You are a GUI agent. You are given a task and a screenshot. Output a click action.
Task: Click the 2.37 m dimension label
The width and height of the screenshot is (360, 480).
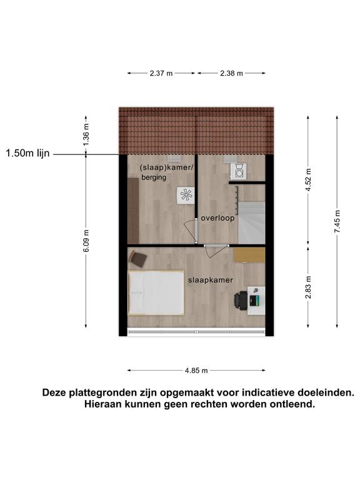[161, 73]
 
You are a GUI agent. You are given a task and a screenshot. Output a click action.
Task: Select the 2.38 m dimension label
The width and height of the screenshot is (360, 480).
[231, 73]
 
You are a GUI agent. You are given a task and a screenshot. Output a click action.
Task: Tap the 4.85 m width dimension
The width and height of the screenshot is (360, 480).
[196, 371]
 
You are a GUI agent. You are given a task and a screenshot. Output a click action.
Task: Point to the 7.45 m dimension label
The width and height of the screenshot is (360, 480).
[337, 221]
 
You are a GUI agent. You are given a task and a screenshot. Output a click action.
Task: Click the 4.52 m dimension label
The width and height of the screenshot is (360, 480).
[308, 180]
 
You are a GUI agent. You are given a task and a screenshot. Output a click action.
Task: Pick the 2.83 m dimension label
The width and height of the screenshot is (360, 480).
[308, 287]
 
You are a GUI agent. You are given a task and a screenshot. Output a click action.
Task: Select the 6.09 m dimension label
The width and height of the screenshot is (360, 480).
[86, 241]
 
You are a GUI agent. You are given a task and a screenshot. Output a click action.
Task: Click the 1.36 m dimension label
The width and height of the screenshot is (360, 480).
[86, 134]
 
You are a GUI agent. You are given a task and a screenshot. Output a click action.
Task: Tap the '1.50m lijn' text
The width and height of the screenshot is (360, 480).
[27, 153]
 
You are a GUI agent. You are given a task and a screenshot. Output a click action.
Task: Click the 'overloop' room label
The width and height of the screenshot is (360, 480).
[217, 218]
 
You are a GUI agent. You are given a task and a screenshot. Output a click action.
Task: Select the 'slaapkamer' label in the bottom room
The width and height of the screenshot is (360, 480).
[210, 280]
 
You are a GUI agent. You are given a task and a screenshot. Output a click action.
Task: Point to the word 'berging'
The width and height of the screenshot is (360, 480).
[154, 177]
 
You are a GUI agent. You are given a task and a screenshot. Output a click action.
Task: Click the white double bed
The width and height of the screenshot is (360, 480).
[156, 293]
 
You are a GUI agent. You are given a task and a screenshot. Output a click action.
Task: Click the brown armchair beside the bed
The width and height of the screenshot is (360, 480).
[138, 259]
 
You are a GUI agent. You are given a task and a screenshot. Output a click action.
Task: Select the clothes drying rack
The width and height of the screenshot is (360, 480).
[186, 195]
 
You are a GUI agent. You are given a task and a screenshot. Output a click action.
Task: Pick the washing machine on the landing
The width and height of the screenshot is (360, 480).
[239, 172]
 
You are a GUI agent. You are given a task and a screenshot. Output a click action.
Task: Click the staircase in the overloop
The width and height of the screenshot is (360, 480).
[251, 222]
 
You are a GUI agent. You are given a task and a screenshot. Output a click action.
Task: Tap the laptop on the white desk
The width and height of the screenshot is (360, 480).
[254, 300]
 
